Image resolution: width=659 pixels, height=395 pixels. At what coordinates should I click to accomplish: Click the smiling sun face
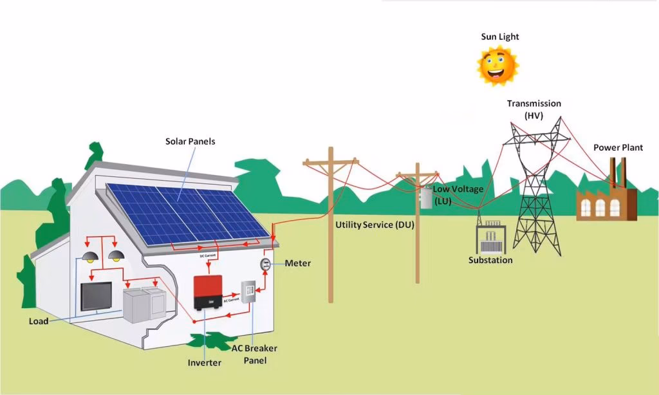[497, 65]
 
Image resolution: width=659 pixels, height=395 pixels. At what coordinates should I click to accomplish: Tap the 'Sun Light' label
[499, 37]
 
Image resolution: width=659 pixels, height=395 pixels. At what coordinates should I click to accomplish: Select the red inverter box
[208, 292]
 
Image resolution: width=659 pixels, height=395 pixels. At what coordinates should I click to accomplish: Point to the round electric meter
[265, 264]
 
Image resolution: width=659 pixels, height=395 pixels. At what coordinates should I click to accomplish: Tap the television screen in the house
[96, 297]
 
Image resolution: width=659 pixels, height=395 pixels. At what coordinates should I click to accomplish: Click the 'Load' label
[39, 321]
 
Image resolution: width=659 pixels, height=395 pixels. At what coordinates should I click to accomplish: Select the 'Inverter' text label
[204, 363]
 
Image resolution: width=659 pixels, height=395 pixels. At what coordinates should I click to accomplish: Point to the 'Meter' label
[297, 263]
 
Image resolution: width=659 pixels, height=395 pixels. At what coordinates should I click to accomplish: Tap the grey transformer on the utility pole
[425, 197]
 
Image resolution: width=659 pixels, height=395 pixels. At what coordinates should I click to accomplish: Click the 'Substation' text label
[490, 261]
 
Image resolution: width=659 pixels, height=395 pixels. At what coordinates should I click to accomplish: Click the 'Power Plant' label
[618, 148]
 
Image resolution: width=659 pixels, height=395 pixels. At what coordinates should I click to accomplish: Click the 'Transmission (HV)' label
[534, 109]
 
